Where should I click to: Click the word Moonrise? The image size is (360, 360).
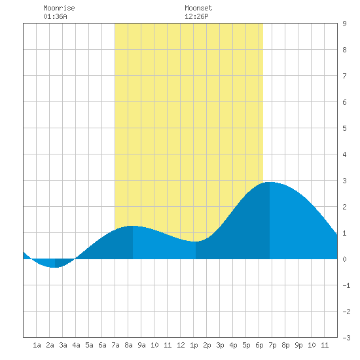[59, 8]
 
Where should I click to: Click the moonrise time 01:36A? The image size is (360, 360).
[55, 16]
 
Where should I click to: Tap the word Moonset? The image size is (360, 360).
[198, 8]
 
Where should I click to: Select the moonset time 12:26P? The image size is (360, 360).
[196, 16]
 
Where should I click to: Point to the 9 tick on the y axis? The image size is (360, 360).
[344, 24]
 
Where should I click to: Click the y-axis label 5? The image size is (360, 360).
[344, 128]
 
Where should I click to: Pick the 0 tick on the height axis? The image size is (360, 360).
[344, 259]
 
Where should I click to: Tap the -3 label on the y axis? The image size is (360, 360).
[346, 338]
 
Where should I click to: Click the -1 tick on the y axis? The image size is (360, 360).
[346, 285]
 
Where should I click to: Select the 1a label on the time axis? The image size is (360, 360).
[37, 345]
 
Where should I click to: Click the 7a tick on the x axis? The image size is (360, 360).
[115, 345]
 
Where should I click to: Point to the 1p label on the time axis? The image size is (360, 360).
[194, 345]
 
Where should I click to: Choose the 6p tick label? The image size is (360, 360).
[259, 345]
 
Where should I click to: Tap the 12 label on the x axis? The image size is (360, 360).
[181, 345]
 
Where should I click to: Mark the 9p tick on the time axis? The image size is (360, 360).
[298, 345]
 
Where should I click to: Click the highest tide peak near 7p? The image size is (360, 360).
[270, 183]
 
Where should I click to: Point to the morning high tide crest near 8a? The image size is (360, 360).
[132, 226]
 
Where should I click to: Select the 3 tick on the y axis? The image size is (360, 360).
[344, 181]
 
